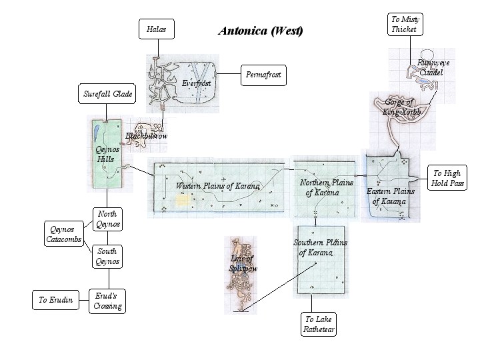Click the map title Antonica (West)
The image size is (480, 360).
(261, 31)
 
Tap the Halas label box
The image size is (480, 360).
(157, 29)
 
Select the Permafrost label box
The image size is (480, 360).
(263, 75)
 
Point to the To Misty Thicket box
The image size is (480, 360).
(403, 24)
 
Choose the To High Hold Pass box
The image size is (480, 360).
(447, 179)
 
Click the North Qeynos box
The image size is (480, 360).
(107, 219)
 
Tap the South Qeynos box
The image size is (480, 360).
(107, 256)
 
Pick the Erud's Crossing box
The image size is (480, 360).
(107, 301)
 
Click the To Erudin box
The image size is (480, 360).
(54, 300)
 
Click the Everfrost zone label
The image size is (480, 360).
(196, 83)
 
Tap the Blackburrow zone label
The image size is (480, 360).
(147, 136)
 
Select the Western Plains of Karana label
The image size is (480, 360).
(217, 185)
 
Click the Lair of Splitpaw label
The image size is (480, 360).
(243, 263)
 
